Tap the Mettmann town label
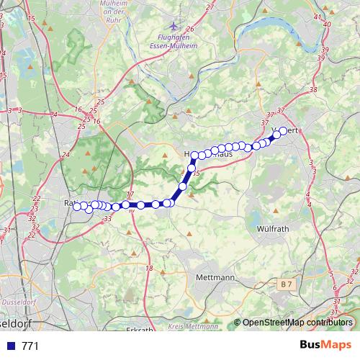point(215,277)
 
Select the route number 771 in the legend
point(30,346)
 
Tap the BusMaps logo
point(325,346)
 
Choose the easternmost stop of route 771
point(283,130)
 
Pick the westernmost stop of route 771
point(77,207)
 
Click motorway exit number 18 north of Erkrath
point(150,269)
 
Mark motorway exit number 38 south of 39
point(312,89)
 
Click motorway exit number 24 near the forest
point(66,154)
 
